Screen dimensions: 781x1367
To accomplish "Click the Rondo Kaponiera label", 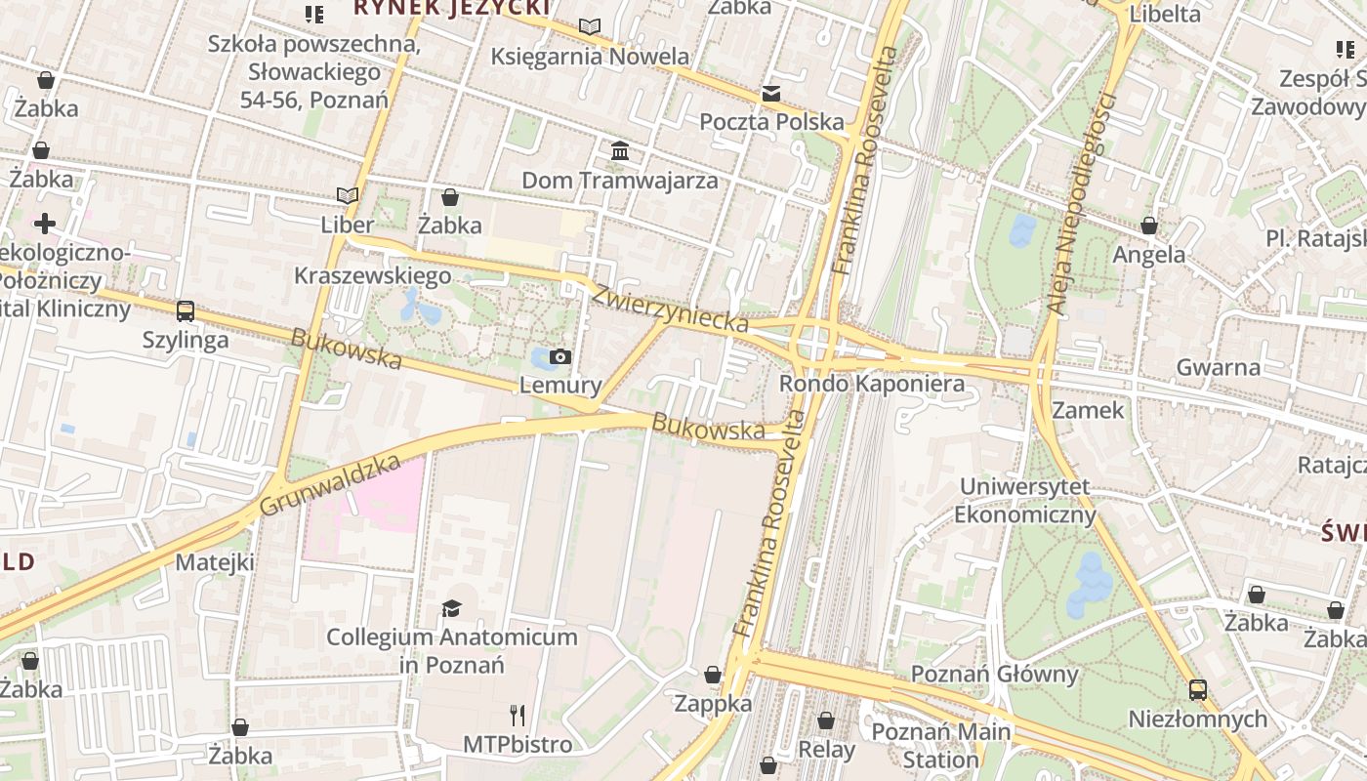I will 871,384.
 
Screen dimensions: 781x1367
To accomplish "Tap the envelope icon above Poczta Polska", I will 771,94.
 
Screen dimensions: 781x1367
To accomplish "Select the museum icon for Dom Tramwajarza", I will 620,151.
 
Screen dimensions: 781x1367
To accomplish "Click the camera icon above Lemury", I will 559,356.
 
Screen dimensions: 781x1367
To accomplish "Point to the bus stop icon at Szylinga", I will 186,311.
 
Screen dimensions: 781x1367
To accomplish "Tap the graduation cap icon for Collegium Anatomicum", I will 451,609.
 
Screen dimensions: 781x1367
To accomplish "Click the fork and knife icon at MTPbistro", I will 518,716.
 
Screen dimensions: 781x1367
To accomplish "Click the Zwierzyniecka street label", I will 671,308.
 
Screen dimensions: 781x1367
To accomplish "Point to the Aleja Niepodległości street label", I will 1080,204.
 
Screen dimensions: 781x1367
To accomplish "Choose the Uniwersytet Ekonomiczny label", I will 1025,501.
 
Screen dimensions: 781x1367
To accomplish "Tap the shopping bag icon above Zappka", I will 713,675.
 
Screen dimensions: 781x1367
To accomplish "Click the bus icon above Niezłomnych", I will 1198,690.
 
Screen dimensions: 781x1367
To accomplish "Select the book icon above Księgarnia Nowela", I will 590,26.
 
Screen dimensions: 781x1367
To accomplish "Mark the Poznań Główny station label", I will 994,674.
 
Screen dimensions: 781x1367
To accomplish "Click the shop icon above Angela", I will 1149,226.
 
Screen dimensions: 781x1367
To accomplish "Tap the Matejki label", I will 215,562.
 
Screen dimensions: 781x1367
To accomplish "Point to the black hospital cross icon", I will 44,224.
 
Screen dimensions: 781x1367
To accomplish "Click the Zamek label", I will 1089,410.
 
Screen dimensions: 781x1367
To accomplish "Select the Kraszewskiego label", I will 373,275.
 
